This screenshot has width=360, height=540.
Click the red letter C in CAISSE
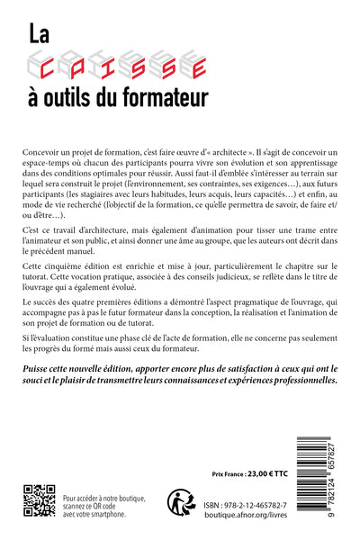click(x=73, y=63)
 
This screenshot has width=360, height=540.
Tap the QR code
click(x=39, y=501)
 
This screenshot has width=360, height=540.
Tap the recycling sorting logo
click(x=181, y=501)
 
